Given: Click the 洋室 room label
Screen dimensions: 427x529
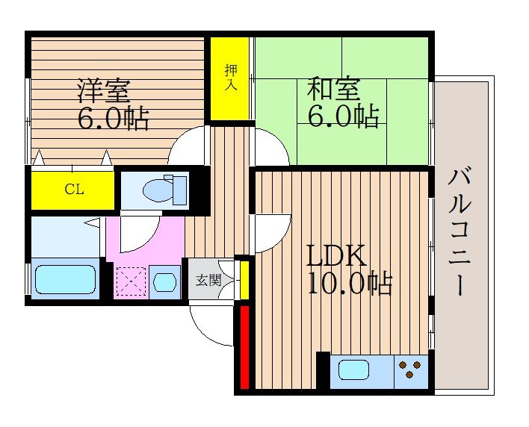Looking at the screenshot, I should tap(105, 90).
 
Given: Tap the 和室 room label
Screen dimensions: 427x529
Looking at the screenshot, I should tap(333, 90).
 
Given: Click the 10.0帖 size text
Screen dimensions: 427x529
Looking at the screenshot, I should tap(349, 284).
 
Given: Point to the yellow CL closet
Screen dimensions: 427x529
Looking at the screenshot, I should tap(73, 190).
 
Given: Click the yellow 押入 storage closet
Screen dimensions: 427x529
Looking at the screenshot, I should tap(230, 78).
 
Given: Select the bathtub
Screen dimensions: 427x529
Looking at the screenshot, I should tap(66, 279).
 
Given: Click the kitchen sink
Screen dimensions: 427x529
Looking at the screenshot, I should tap(355, 370).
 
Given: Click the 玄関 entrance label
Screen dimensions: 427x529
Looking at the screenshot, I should tap(208, 281).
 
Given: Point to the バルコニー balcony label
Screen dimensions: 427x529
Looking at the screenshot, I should tap(460, 231).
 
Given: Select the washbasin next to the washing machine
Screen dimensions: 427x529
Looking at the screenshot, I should tap(164, 282).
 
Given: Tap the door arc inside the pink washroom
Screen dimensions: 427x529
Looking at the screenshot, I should tap(138, 237).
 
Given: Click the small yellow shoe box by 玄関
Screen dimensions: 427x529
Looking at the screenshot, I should tap(244, 278).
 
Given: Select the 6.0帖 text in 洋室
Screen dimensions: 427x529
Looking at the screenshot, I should tap(114, 118).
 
